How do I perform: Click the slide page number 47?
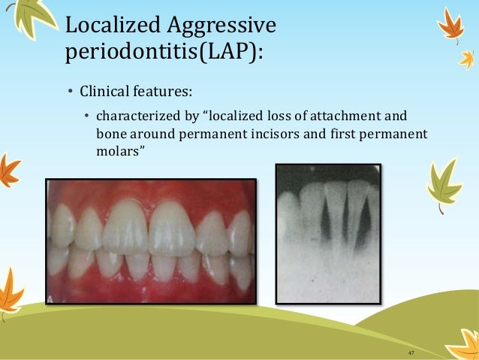[x=411, y=353]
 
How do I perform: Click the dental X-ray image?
[x=327, y=233]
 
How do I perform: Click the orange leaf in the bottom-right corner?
[x=462, y=346]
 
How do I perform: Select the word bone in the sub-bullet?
[x=110, y=133]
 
